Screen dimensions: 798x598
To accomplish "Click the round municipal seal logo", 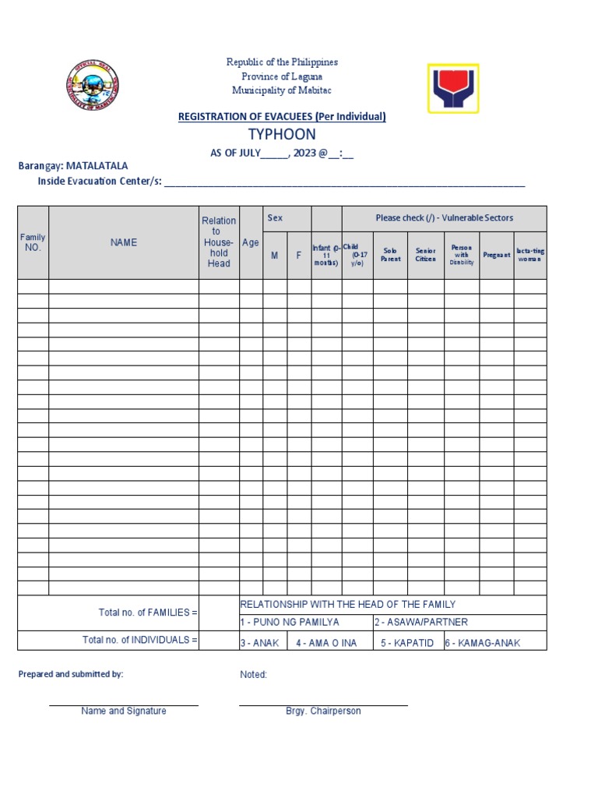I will pos(93,87).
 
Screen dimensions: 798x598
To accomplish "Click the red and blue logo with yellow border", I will pos(453,89).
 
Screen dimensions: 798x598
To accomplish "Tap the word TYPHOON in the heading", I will pos(282,134).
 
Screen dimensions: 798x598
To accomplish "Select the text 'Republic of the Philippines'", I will pos(282,62).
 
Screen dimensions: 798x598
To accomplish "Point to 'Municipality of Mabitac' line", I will pos(282,90).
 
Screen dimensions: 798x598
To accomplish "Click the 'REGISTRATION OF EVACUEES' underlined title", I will pos(282,116).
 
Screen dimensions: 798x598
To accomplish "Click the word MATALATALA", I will pos(97,166).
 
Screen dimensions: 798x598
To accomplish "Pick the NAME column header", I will pos(124,242).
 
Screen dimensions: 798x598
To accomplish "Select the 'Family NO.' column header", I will pos(33,242).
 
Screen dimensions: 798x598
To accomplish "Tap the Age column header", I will pos(251,242).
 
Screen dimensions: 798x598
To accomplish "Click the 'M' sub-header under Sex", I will pos(274,255).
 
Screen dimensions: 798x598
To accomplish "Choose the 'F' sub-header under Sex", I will pos(298,255).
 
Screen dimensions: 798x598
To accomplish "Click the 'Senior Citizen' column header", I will pos(425,255).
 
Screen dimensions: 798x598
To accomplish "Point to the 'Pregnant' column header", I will pos(496,255).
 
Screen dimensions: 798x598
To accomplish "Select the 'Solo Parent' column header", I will pos(390,255).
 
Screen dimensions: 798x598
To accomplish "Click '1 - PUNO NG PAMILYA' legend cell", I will pos(290,622).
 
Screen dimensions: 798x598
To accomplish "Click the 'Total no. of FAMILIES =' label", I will pos(148,613).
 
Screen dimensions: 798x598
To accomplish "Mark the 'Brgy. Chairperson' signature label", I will pos(323,711).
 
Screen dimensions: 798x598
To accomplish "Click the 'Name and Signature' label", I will pos(124,711).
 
